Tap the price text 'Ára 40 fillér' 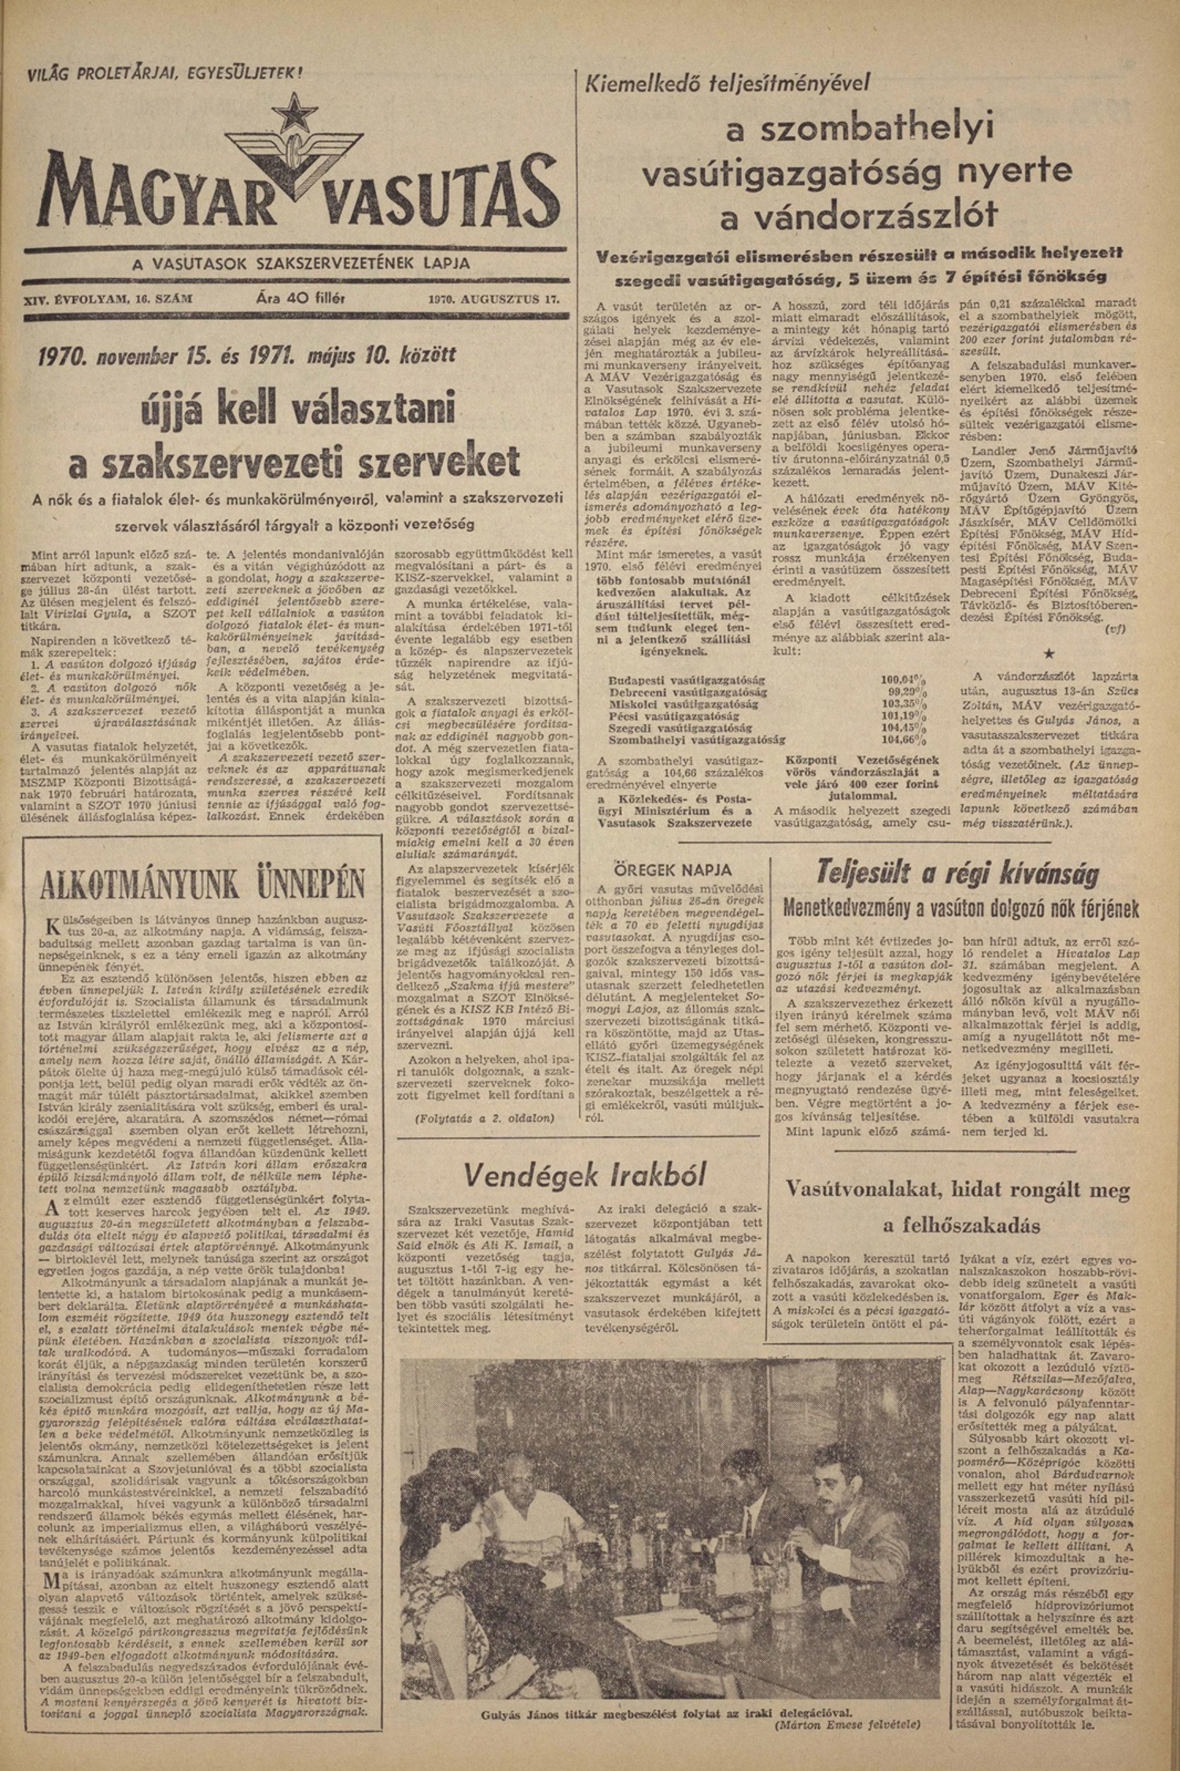[301, 298]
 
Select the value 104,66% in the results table [903, 740]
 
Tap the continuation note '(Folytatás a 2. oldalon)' [484, 1117]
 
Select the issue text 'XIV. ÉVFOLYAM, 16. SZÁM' [109, 299]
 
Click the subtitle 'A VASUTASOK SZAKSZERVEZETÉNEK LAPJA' [301, 264]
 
